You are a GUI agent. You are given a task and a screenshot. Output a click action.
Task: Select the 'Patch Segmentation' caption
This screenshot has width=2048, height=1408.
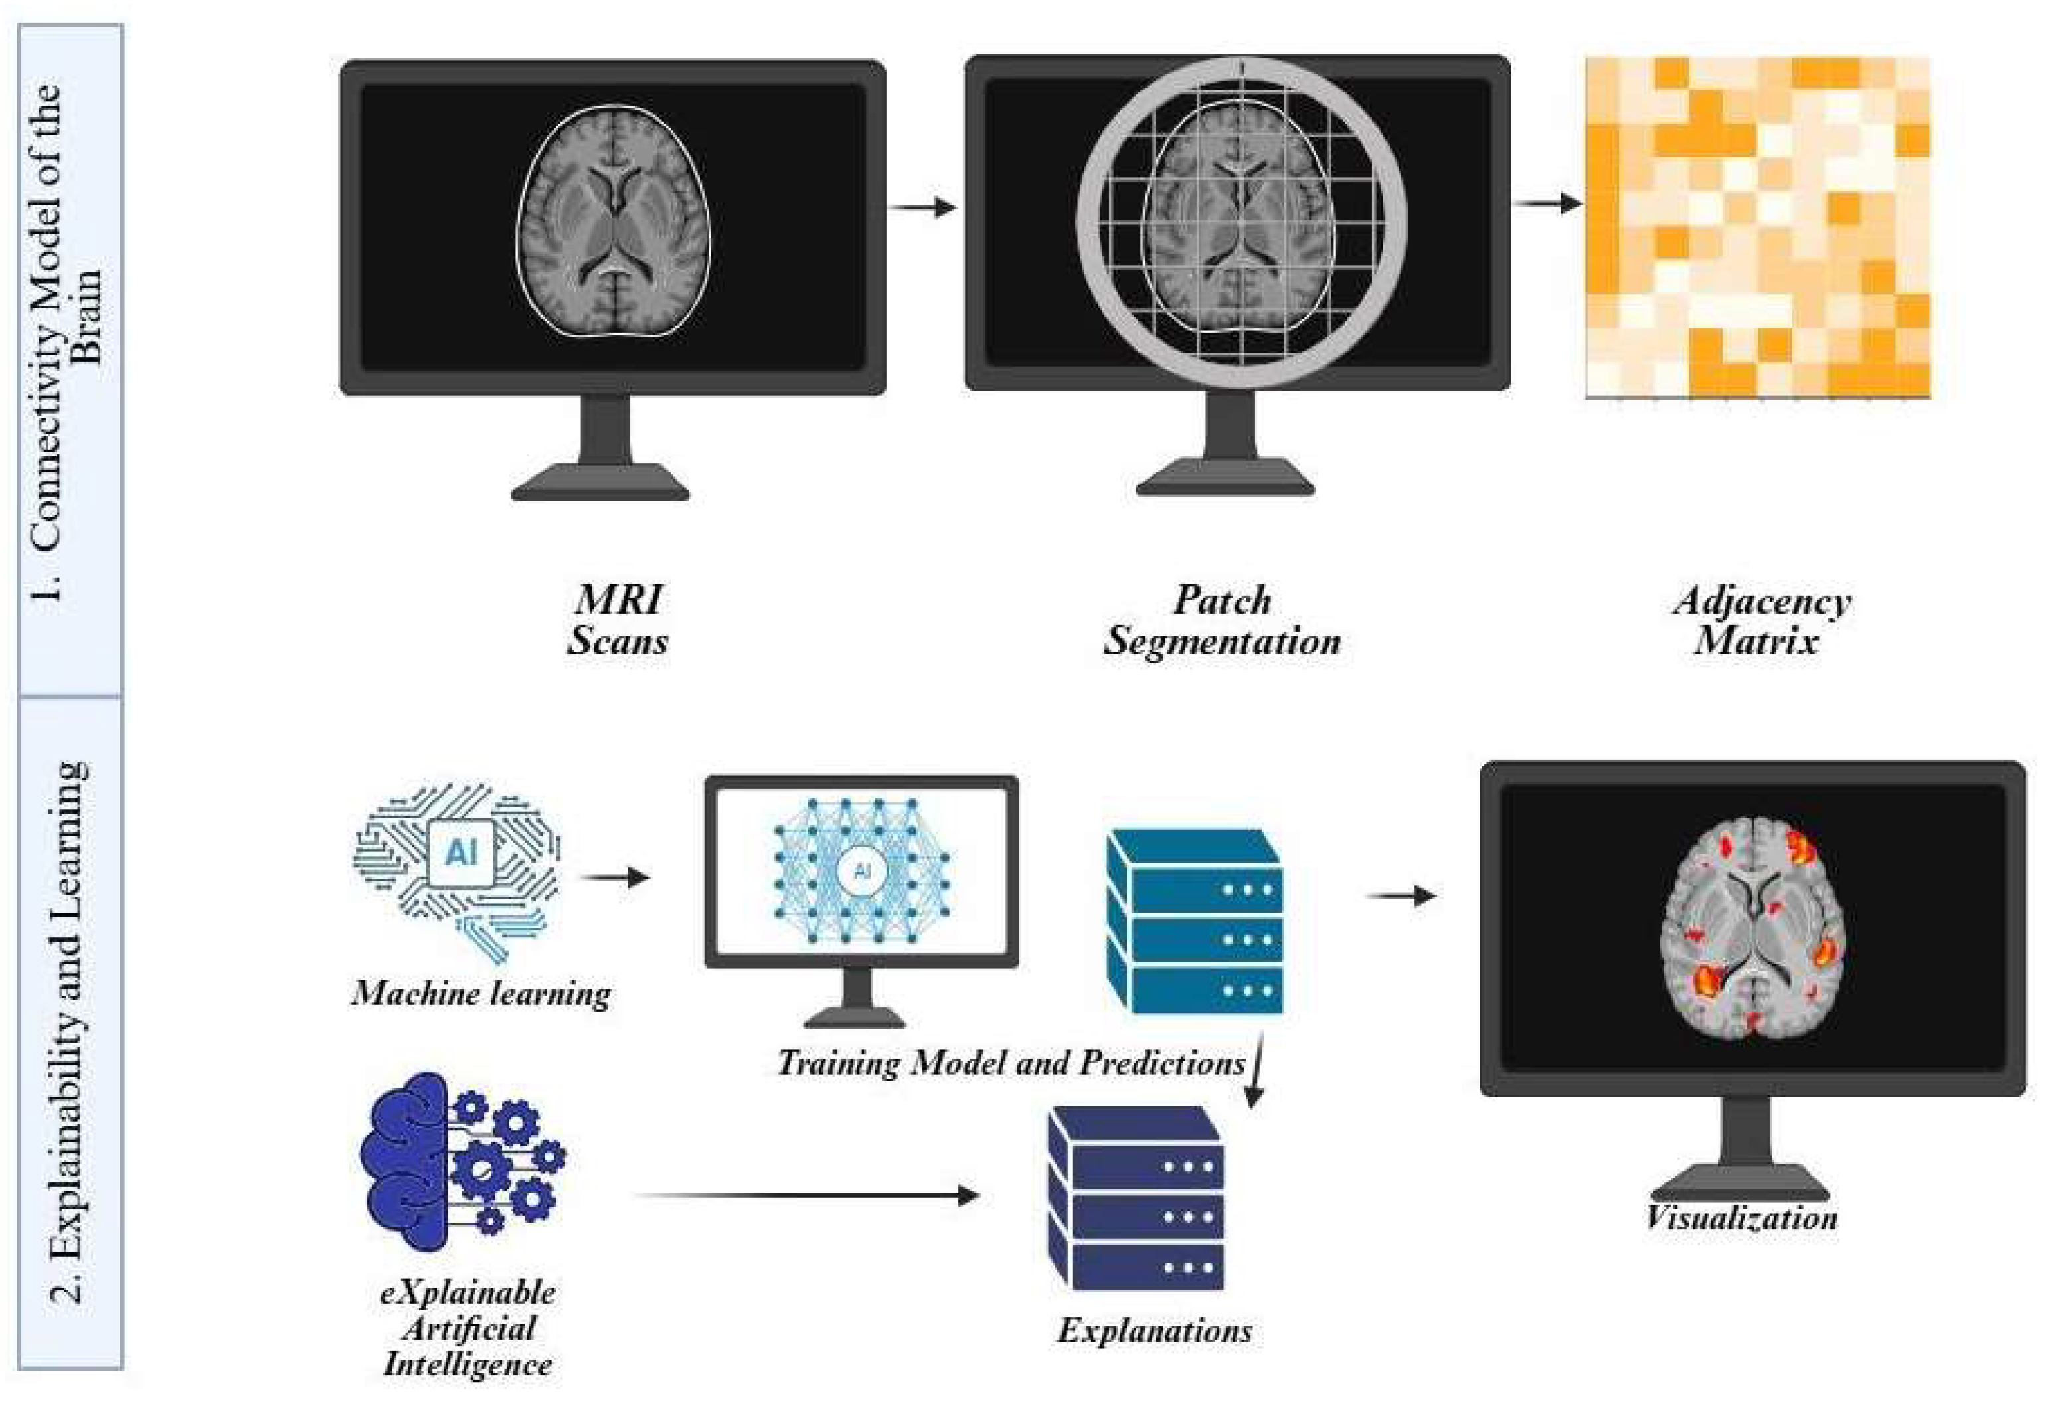(1222, 620)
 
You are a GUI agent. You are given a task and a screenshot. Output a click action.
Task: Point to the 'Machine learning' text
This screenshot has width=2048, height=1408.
(481, 994)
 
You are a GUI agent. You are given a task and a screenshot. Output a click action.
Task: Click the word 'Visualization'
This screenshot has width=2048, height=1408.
(1741, 1218)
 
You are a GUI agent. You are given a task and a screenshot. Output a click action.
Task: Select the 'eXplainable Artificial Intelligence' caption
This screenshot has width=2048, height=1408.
(468, 1328)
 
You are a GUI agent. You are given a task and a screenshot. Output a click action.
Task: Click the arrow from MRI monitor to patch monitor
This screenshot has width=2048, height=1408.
(922, 208)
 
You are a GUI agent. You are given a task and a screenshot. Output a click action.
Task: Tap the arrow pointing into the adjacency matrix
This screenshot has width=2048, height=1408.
(1548, 204)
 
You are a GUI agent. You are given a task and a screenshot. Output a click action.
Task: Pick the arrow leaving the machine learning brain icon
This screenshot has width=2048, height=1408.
(615, 878)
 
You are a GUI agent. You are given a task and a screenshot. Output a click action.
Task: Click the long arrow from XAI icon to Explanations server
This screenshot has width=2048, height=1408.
(806, 1196)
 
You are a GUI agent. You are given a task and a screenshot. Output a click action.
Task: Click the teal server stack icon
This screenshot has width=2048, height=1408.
(1195, 921)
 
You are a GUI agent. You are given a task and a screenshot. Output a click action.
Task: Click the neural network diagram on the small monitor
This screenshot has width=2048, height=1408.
(862, 868)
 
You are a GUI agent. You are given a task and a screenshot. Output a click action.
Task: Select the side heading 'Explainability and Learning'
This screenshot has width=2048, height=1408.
(70, 1032)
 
